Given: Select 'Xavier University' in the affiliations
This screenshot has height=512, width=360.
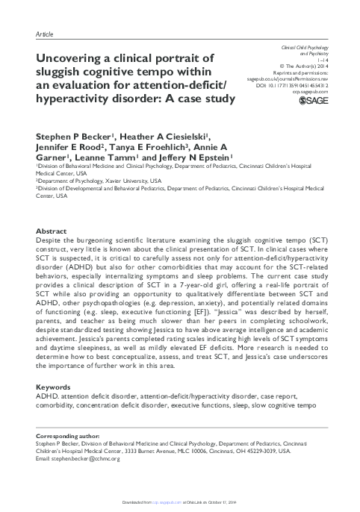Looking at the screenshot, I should [x=130, y=181].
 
